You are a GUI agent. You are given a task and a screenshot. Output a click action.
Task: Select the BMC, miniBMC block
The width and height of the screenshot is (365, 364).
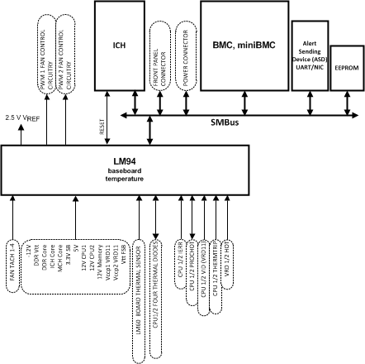click(244, 45)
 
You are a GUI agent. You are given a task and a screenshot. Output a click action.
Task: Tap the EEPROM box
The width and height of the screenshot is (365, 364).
click(346, 69)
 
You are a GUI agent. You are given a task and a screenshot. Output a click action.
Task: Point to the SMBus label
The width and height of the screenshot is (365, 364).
click(251, 121)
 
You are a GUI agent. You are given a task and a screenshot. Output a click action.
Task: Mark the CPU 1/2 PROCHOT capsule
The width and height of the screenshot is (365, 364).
click(192, 269)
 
